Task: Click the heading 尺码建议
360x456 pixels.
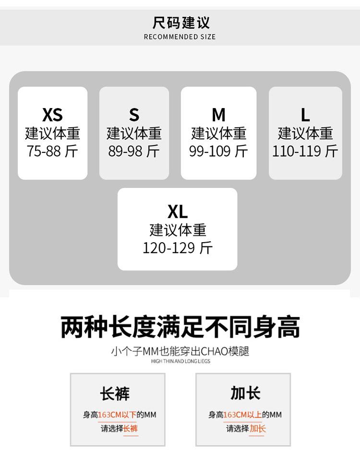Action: pos(180,23)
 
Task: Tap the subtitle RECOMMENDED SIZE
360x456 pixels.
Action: pos(180,37)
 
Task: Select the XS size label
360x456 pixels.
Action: pos(52,115)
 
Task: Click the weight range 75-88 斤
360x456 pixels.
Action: pos(52,151)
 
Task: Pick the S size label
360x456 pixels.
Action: pos(134,115)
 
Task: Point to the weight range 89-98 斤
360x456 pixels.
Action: pos(134,151)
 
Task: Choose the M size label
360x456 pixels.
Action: pos(218,115)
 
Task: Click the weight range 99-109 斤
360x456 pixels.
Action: pos(218,151)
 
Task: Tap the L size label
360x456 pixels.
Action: pos(305,115)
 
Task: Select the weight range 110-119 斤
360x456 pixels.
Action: pos(305,151)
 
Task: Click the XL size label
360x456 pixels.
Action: pos(178,211)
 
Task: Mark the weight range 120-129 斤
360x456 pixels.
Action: pos(178,248)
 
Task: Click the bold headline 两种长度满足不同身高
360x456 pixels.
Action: pos(180,328)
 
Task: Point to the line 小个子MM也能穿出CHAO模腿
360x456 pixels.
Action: pos(180,351)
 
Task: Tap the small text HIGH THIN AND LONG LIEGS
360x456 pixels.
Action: pos(180,361)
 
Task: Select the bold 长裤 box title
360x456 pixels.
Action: pos(115,393)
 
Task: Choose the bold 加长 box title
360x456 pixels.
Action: pos(245,393)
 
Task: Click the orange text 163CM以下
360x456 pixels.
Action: pos(117,415)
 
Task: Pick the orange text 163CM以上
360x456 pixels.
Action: pos(242,415)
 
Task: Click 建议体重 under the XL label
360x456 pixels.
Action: pos(178,230)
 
